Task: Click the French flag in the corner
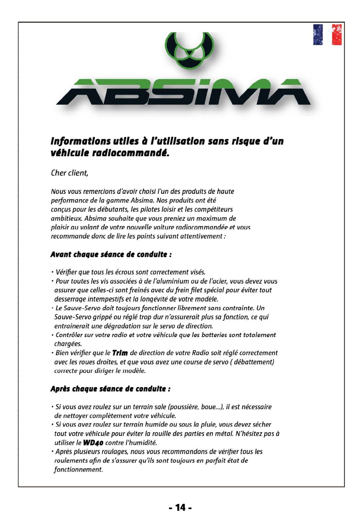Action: [327, 35]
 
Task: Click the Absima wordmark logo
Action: [183, 92]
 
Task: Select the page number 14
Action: [180, 507]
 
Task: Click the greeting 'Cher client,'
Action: [69, 173]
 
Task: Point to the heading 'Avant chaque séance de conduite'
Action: [111, 254]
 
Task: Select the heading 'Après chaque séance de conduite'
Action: [110, 389]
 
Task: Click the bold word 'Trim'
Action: [120, 353]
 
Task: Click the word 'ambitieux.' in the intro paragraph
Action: [67, 218]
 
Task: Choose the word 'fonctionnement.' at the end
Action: [78, 469]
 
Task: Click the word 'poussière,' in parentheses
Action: [184, 407]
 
